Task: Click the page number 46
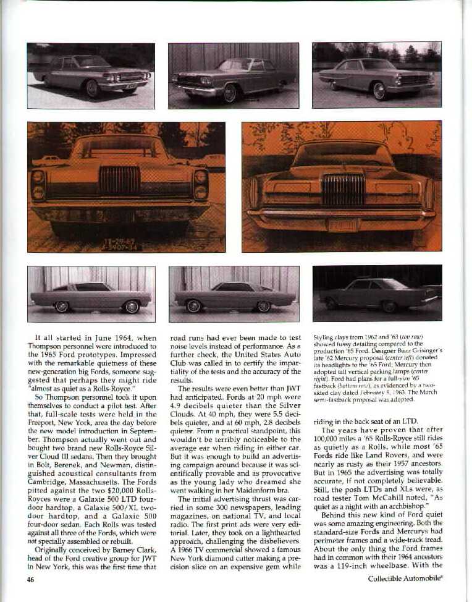tap(31, 579)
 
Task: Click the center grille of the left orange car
tap(120, 180)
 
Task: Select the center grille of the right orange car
tap(343, 189)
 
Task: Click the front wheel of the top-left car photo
tap(93, 88)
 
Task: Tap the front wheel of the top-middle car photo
tap(230, 93)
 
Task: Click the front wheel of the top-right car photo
tap(379, 91)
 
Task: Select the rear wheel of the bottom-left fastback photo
tap(62, 307)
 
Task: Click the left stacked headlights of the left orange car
tap(38, 185)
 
